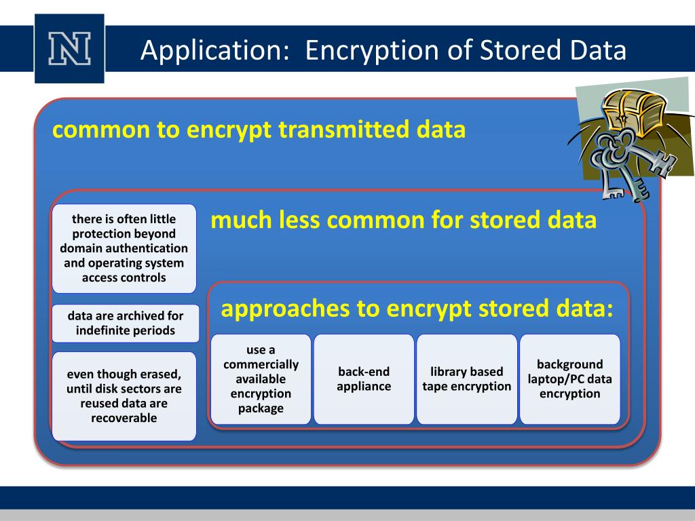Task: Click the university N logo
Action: pyautogui.click(x=70, y=48)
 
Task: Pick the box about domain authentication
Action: pyautogui.click(x=124, y=248)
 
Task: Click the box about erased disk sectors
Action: pyautogui.click(x=124, y=396)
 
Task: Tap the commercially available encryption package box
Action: pyautogui.click(x=261, y=379)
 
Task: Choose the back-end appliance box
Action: pyautogui.click(x=364, y=379)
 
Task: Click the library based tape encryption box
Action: pyautogui.click(x=467, y=379)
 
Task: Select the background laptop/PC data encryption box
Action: pyautogui.click(x=570, y=379)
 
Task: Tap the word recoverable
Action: pyautogui.click(x=124, y=418)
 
